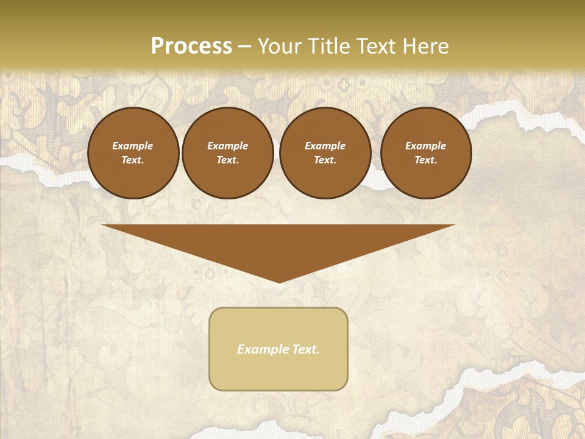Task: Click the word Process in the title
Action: [191, 46]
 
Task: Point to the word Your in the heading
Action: [279, 46]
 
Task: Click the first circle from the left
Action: [133, 153]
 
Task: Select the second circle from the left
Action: [228, 153]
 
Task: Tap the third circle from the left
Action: [325, 153]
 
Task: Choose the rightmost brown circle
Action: [426, 153]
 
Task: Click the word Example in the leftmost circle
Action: [133, 146]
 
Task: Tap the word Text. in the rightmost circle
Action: [426, 160]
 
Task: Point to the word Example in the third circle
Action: [325, 146]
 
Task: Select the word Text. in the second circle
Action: [228, 160]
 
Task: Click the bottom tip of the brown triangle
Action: [279, 282]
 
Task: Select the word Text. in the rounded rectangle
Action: [306, 349]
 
